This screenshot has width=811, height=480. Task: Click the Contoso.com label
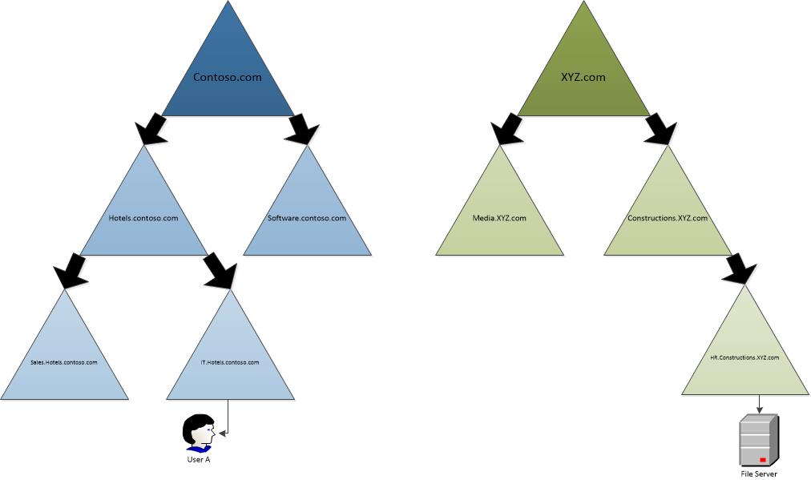(227, 77)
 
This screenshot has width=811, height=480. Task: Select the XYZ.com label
(583, 77)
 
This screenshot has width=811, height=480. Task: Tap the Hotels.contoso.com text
(143, 218)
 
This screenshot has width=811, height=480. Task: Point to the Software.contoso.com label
(307, 218)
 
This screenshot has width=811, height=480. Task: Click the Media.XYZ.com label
(499, 218)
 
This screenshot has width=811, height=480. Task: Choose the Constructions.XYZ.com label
(668, 218)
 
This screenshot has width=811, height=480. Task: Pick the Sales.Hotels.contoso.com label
(63, 362)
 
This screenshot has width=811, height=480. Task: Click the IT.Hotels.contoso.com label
(230, 362)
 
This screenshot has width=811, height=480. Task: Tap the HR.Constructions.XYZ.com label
(744, 357)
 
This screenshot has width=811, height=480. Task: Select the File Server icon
(759, 440)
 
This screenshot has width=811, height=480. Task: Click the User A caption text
(199, 459)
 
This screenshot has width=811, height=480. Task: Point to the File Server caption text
(759, 474)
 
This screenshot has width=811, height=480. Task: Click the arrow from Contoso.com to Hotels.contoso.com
(151, 129)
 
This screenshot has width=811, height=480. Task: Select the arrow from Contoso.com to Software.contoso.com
(304, 129)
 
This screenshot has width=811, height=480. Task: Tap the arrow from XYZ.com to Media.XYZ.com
(506, 129)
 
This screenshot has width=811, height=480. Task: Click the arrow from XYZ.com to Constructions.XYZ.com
(660, 129)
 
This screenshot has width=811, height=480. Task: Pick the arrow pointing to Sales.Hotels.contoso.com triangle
(71, 271)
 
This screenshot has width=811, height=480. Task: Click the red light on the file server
(762, 460)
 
